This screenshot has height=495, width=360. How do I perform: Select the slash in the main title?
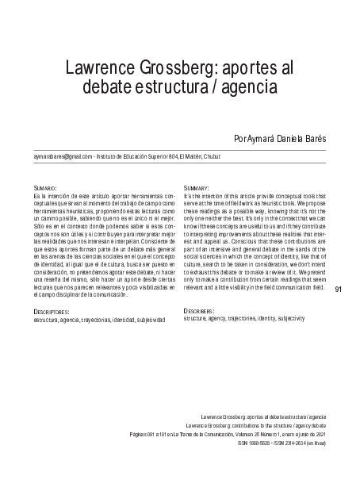(223, 83)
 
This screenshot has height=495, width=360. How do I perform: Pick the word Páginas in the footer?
(137, 436)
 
